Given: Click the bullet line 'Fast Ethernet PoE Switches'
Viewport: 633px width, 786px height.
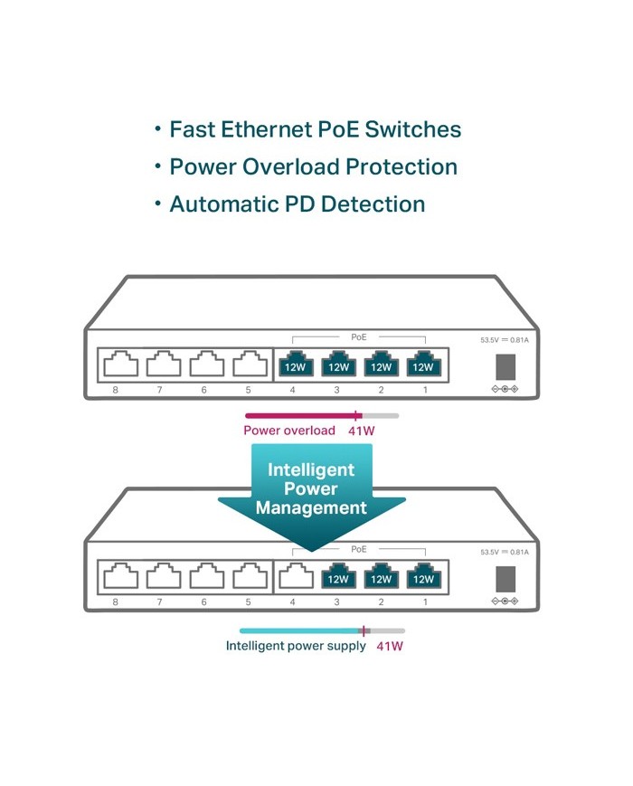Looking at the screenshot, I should point(315,129).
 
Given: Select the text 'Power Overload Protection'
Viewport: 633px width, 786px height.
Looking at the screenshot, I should point(313,167).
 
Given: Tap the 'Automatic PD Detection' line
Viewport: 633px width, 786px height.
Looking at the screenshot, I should point(297,204).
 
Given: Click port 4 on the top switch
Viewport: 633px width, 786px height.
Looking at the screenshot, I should point(294,365).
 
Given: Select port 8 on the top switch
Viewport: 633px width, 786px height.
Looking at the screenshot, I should point(118,365).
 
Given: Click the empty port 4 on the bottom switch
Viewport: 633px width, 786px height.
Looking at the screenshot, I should point(294,576).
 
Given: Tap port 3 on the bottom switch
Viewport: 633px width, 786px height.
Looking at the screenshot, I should point(338,576).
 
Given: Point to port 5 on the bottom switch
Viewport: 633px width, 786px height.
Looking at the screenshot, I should point(249,576).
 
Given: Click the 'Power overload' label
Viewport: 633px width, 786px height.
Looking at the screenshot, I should point(289,431).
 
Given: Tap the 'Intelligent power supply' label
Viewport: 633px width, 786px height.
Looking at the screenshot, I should point(296,646).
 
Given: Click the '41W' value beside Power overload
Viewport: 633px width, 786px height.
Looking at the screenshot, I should point(361,431).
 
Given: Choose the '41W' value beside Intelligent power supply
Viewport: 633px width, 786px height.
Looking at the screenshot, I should point(389,646).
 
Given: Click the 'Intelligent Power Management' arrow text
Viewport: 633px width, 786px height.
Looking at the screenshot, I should point(311,489).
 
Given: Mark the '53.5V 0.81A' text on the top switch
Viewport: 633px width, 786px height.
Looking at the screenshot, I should point(504,341).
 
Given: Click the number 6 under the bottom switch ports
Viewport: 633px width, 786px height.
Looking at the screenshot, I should point(204,601).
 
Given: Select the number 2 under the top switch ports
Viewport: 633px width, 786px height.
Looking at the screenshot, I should point(381,390).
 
